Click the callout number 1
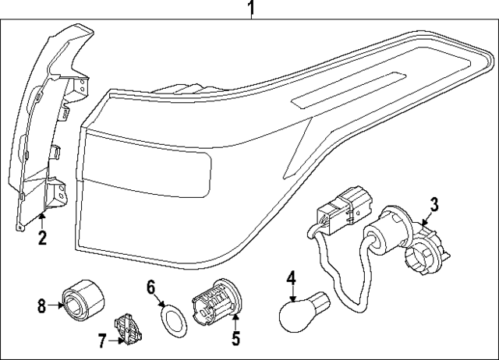tap(251, 9)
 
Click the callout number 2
tap(43, 235)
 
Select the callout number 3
tap(434, 204)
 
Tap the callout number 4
tap(291, 277)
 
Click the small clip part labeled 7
tap(126, 328)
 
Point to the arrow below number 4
tap(291, 294)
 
